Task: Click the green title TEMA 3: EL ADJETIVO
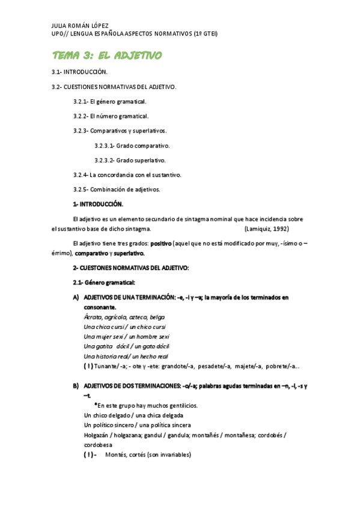coord(107,55)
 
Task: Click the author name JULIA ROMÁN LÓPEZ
coord(81,26)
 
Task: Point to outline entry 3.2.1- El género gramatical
coord(109,102)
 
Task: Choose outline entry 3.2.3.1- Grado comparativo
coord(132,146)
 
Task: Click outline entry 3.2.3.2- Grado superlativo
coord(130,160)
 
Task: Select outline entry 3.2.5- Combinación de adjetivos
coord(116,189)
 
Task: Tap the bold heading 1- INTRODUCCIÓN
coord(97,204)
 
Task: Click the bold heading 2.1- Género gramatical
coord(103,282)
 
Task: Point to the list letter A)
coord(76,297)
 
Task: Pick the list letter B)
coord(76,385)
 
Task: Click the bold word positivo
coord(160,244)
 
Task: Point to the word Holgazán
coord(97,435)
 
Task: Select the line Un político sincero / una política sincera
coord(138,425)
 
